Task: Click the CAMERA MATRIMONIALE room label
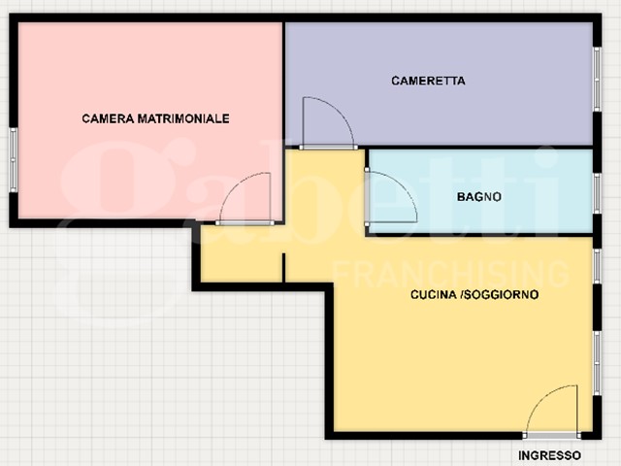[x=155, y=118]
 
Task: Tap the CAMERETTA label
[x=428, y=81]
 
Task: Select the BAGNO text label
[x=478, y=196]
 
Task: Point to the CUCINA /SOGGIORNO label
[x=474, y=294]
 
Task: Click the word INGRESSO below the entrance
[x=550, y=455]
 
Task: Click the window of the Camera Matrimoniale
[x=13, y=159]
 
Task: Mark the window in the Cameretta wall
[x=597, y=80]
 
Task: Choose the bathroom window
[x=597, y=193]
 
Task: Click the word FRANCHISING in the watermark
[x=450, y=274]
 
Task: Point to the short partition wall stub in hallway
[x=283, y=268]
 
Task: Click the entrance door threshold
[x=552, y=436]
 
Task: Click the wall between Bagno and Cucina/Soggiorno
[x=479, y=235]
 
